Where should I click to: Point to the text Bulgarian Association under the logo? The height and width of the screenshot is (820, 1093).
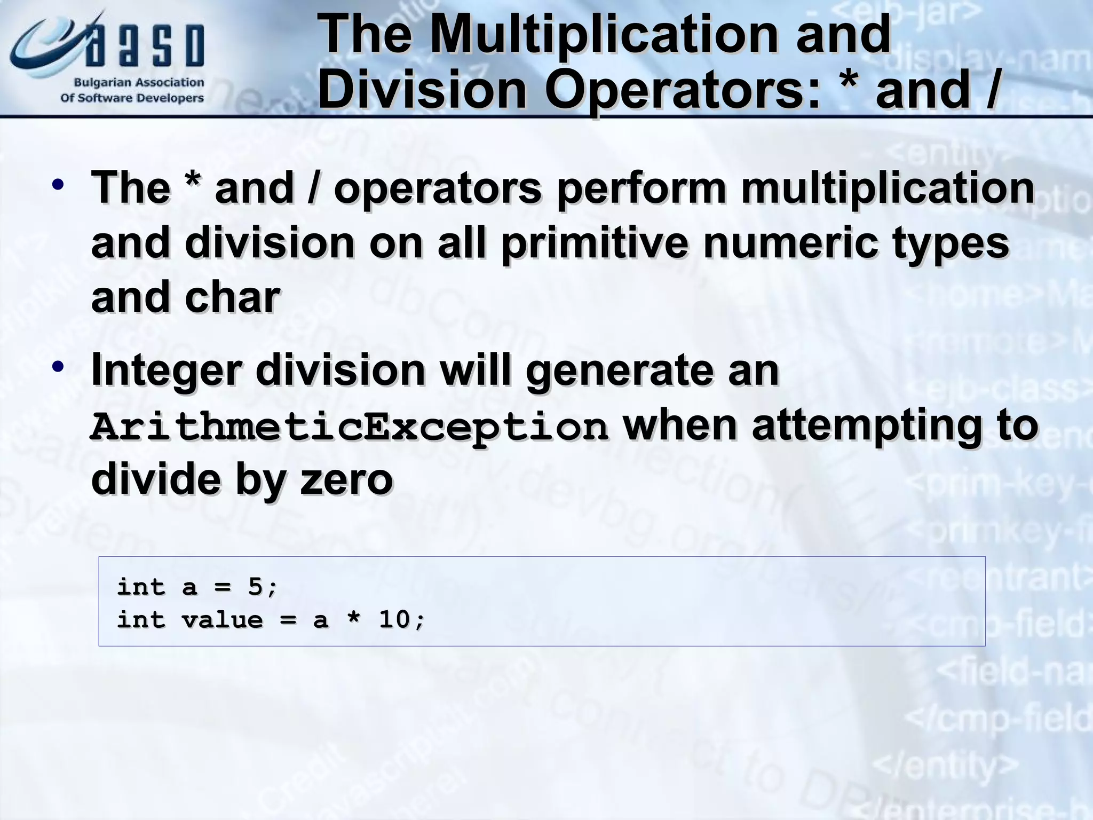pos(139,83)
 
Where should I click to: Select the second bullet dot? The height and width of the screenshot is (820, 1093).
pos(58,367)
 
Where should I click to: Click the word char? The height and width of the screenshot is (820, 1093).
pos(232,298)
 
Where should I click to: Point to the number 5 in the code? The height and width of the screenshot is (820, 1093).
pos(256,587)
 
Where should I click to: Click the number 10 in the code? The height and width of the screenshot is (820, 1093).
pos(394,620)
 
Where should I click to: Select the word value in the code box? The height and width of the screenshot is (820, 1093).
pos(222,620)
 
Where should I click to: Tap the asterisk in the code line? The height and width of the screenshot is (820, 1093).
pos(353,619)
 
